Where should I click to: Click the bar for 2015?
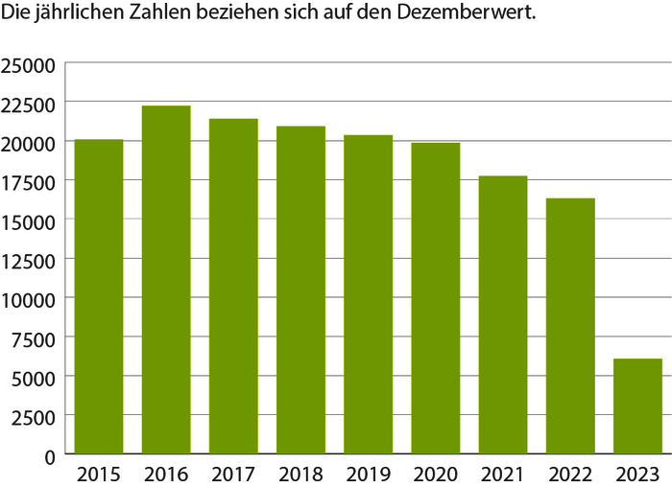99,296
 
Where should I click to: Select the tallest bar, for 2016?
166,279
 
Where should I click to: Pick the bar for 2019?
369,293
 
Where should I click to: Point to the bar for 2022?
570,325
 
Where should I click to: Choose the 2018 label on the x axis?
301,474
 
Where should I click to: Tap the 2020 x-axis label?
436,474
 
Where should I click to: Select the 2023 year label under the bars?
637,474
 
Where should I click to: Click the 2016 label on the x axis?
166,474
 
